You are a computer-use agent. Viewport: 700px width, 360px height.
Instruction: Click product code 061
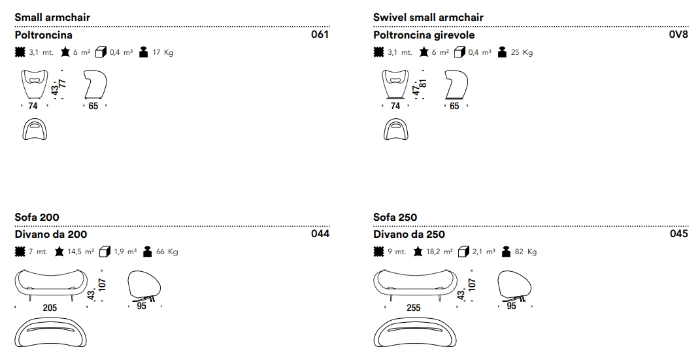[320, 35]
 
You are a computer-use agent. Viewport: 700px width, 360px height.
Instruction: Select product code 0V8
[678, 35]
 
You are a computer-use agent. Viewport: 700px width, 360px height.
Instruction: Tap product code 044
[320, 234]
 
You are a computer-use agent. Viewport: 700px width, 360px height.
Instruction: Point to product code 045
[679, 234]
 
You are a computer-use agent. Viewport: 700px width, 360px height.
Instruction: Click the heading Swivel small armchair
[428, 17]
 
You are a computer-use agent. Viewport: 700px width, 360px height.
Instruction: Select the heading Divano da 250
[409, 234]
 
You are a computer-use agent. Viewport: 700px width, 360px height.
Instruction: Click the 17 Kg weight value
[163, 53]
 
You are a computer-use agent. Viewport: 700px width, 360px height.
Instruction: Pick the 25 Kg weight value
[522, 53]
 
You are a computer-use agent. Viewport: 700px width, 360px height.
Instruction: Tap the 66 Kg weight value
[167, 252]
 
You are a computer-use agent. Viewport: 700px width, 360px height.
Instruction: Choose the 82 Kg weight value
[526, 252]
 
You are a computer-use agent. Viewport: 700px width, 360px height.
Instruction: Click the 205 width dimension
[50, 307]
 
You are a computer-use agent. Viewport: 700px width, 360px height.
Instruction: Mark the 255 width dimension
[414, 307]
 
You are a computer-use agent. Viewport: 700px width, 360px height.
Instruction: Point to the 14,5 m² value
[81, 252]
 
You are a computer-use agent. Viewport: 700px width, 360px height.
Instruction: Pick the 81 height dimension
[423, 84]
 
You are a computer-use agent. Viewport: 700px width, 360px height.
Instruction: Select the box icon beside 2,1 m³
[464, 252]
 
